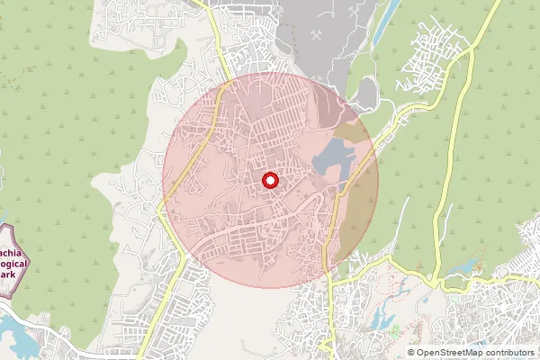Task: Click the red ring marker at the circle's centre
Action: click(x=270, y=180)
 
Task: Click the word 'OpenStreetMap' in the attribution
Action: click(x=453, y=353)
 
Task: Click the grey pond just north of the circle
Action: click(x=368, y=91)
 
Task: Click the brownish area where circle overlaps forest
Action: click(x=360, y=207)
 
